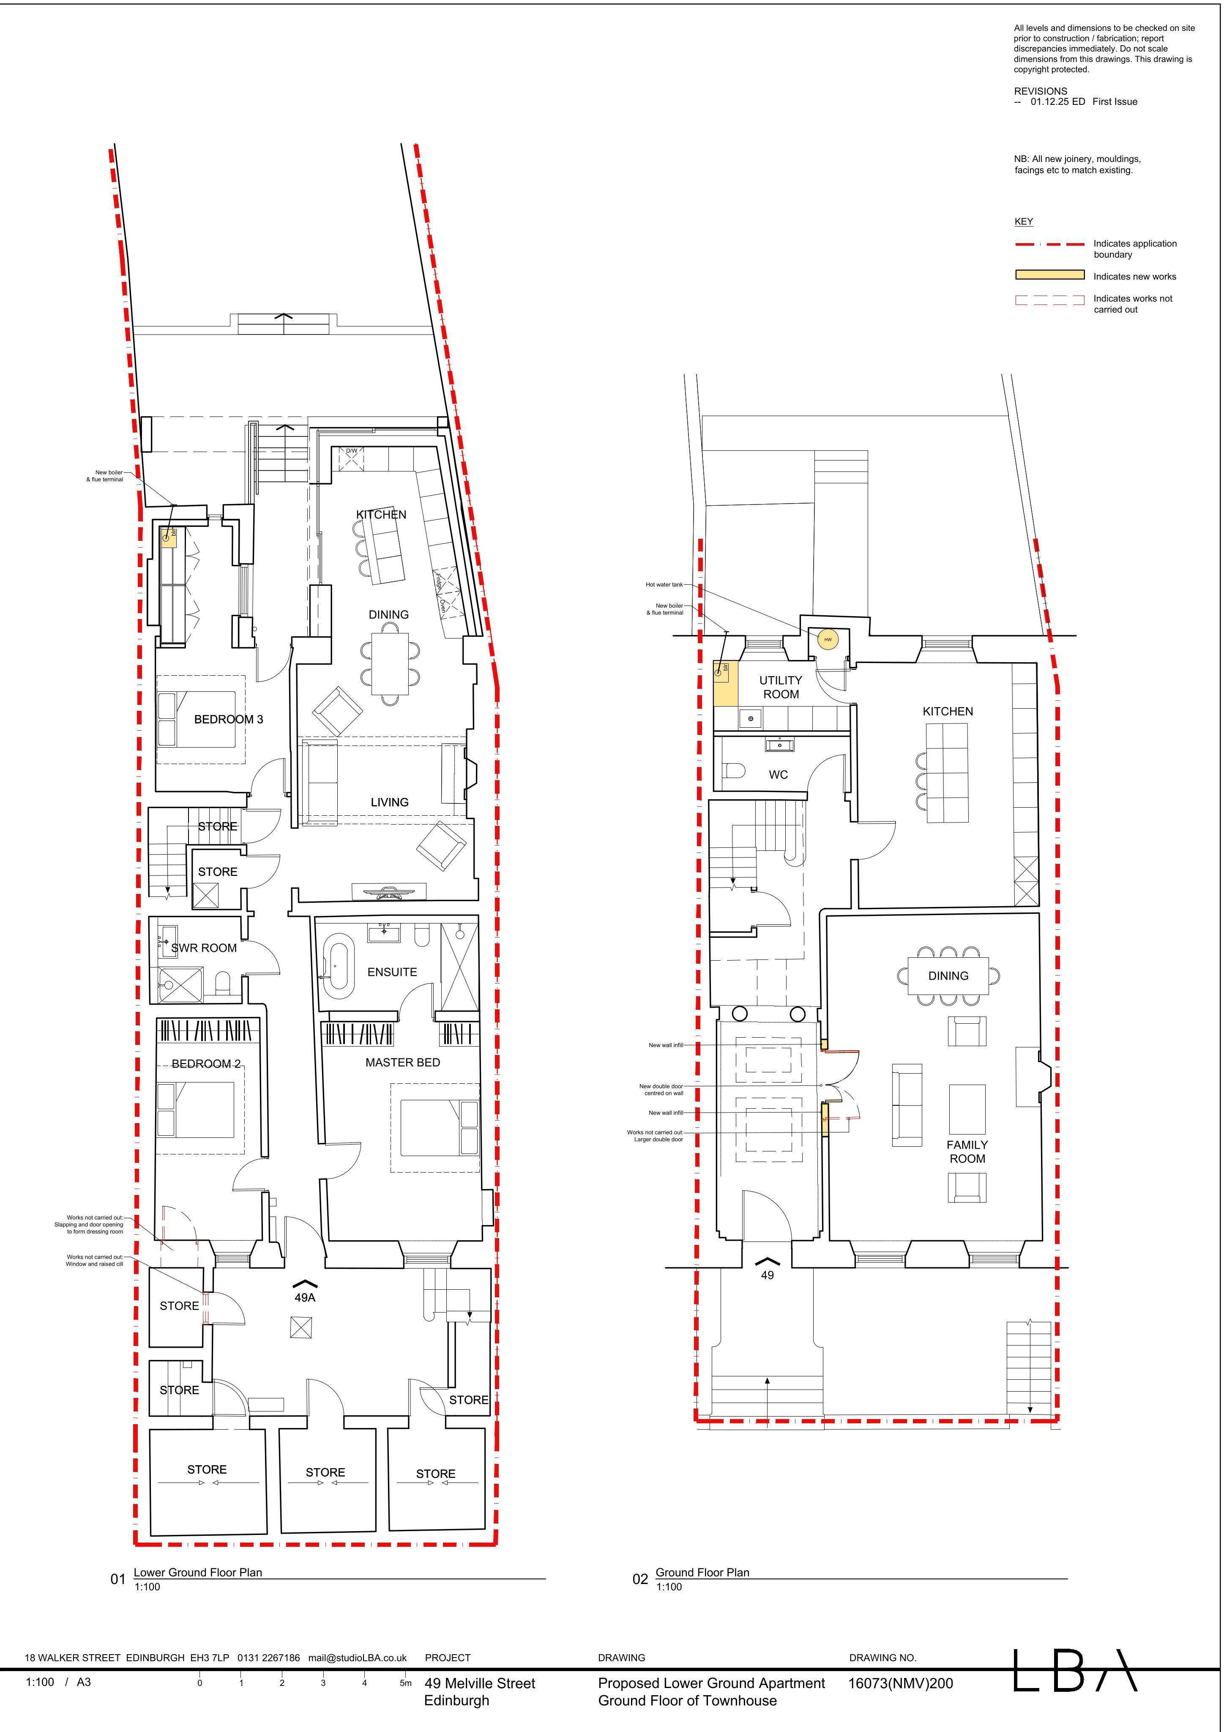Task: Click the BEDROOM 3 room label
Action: point(229,720)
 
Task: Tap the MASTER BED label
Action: point(403,1062)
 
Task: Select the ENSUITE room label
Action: point(392,973)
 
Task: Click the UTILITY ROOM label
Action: point(781,687)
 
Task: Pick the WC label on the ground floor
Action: point(778,775)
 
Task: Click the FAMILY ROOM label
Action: point(967,1152)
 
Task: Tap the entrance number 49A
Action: point(305,1297)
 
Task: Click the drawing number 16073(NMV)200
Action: point(901,1683)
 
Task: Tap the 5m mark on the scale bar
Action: point(405,1683)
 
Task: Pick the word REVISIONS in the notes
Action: point(1041,91)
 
